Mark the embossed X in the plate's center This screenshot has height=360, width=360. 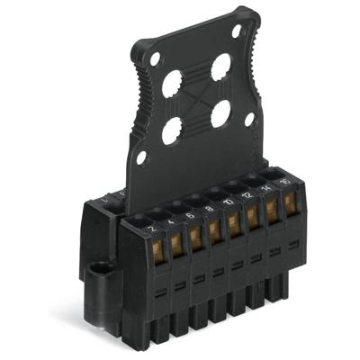tap(196, 101)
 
